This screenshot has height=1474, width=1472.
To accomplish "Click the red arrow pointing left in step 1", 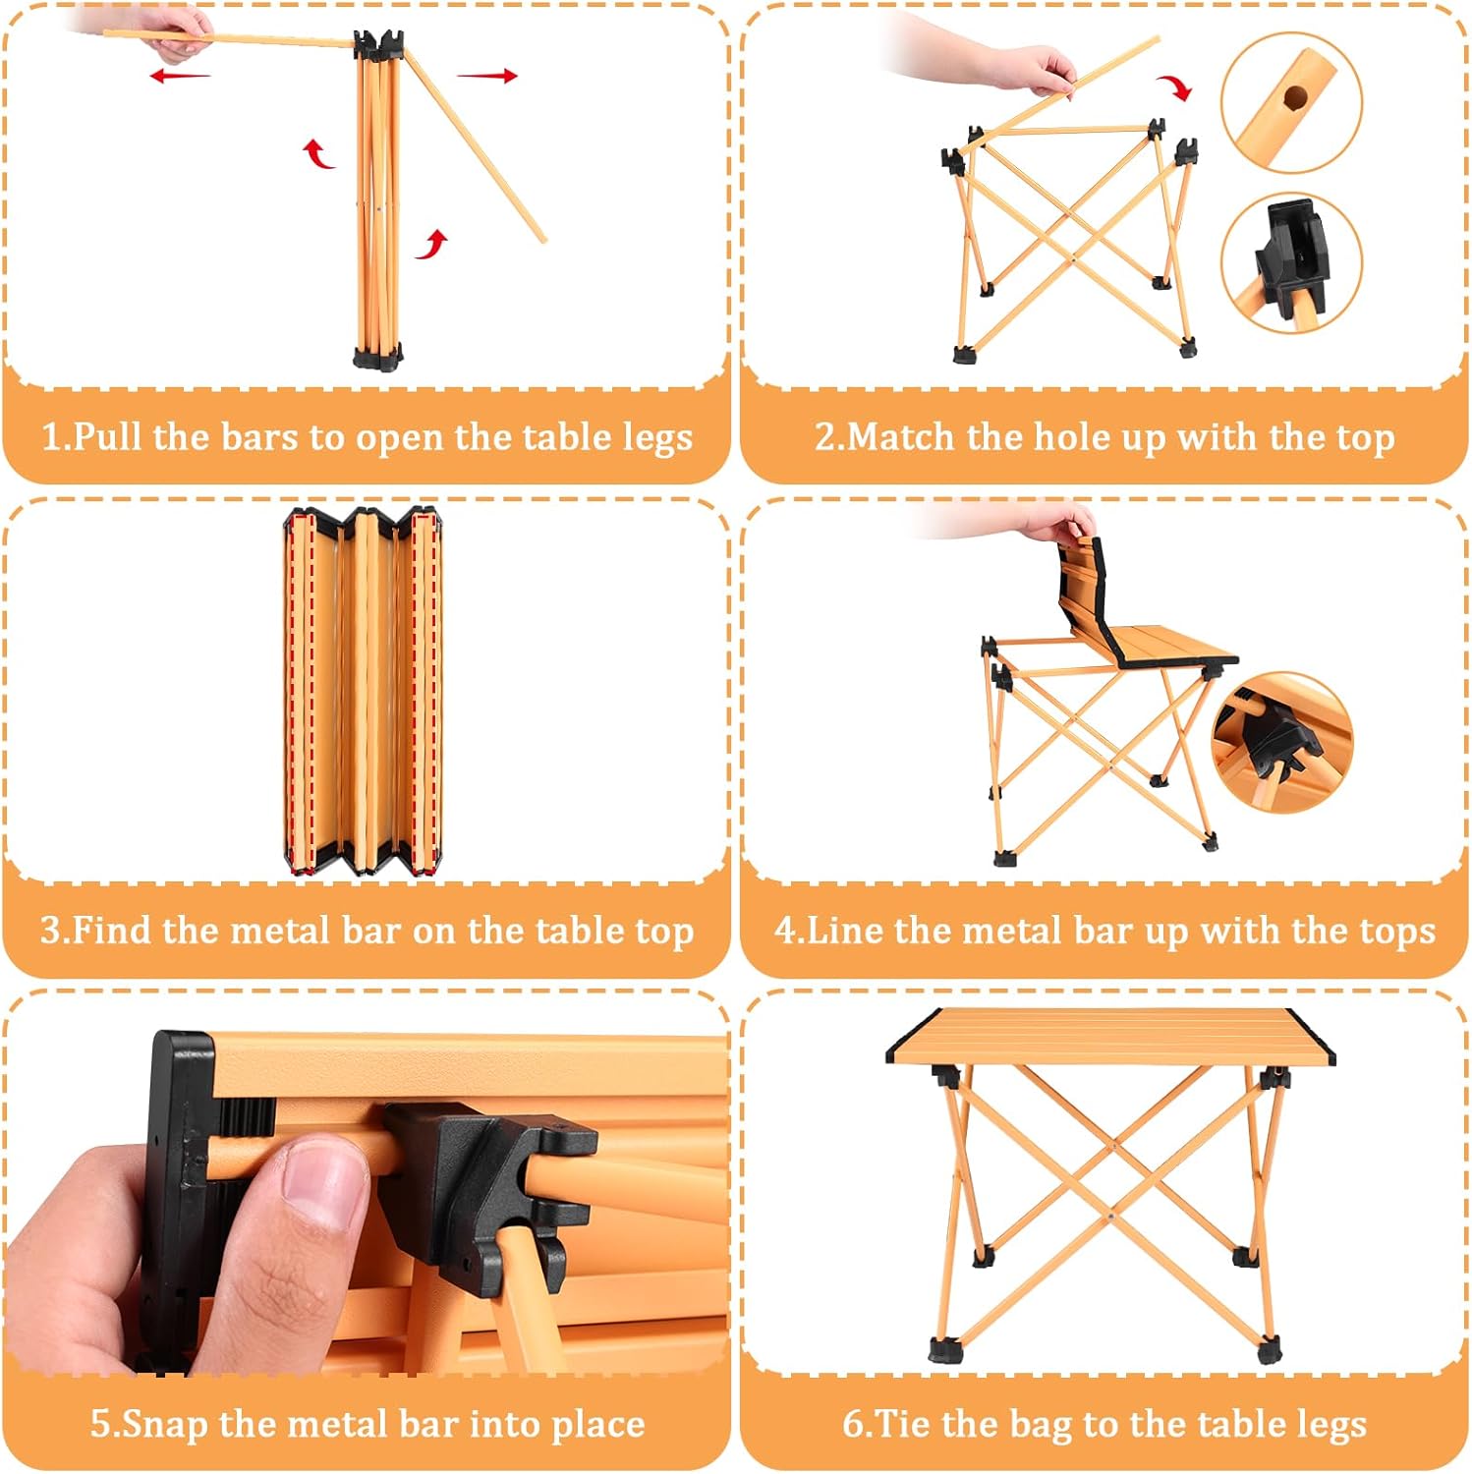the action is point(180,76).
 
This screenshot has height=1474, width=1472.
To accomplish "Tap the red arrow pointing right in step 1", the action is point(487,76).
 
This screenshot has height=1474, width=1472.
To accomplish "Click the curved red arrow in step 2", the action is point(1174,86).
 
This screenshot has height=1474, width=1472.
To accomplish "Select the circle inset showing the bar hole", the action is point(1291,102).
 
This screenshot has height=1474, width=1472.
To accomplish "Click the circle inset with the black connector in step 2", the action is point(1291,262).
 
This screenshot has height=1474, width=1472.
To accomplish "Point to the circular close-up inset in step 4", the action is point(1282,743).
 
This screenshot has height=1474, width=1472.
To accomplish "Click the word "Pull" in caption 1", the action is point(109,436).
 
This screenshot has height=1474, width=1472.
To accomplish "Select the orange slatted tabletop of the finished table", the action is point(1110,1038).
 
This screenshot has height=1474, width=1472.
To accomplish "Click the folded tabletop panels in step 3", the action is point(363,691).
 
